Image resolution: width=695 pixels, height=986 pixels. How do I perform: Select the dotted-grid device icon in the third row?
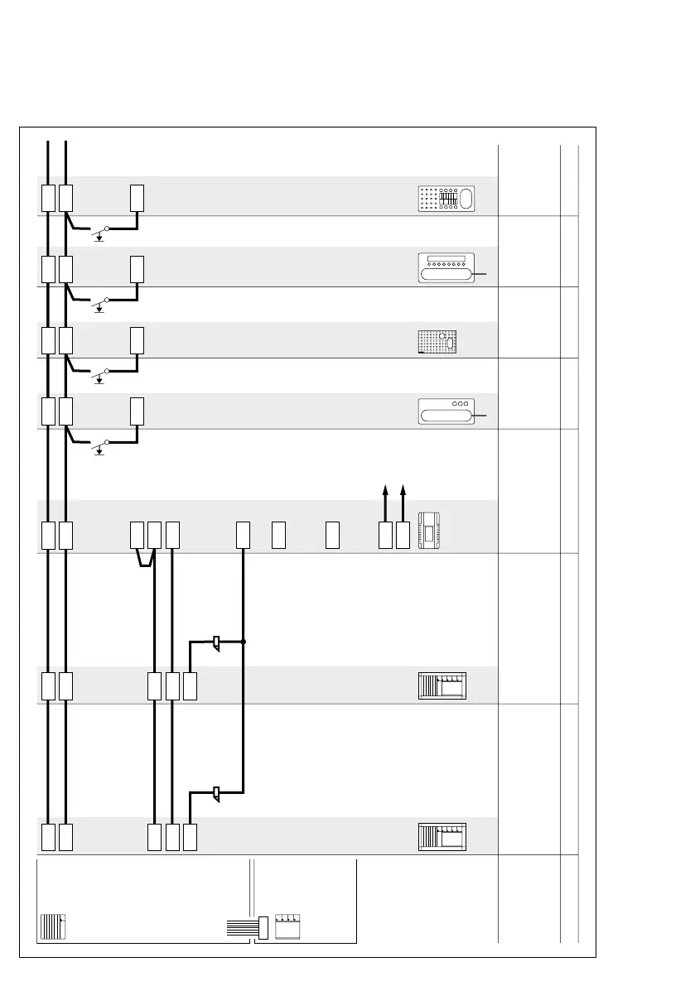click(x=438, y=342)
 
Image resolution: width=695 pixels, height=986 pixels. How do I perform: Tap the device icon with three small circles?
click(x=445, y=411)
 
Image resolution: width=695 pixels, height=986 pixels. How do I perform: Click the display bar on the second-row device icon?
click(x=445, y=260)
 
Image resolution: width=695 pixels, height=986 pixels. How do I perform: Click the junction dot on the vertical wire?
click(x=244, y=642)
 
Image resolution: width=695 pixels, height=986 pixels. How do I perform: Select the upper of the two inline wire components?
click(x=216, y=642)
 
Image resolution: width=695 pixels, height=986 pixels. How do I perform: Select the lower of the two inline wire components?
click(x=216, y=794)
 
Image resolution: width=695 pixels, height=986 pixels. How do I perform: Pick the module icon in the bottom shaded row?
click(x=442, y=837)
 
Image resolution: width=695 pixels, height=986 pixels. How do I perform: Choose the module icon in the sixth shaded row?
click(x=442, y=686)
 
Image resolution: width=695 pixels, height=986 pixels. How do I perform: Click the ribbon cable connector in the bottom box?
click(x=263, y=927)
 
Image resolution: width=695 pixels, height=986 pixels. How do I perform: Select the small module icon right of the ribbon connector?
click(x=287, y=926)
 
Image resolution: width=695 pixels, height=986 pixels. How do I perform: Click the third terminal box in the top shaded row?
click(x=138, y=198)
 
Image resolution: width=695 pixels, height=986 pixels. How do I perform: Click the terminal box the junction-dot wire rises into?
click(x=244, y=536)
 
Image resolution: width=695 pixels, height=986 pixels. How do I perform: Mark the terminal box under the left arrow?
click(x=385, y=536)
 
